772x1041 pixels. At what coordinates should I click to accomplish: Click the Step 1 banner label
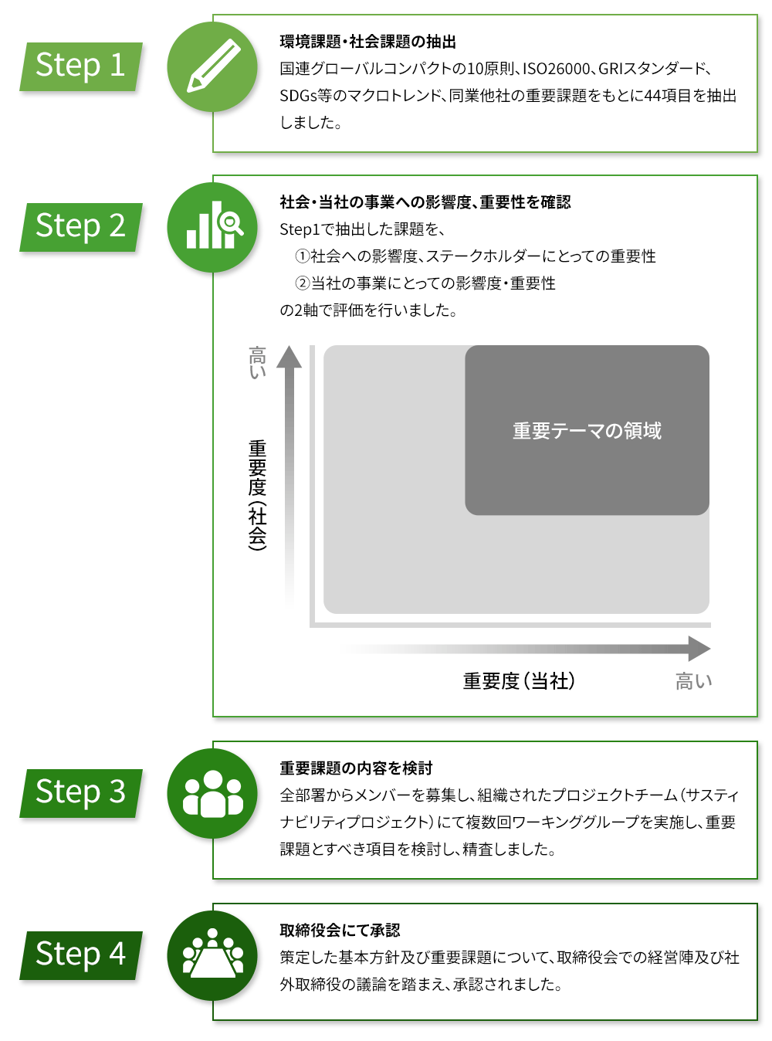81,66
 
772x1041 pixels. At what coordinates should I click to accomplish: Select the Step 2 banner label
81,227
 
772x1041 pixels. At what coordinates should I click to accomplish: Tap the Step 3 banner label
81,792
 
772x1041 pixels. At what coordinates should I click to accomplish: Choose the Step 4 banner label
81,955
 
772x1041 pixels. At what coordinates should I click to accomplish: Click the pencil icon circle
212,66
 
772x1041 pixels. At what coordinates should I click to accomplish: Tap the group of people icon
212,793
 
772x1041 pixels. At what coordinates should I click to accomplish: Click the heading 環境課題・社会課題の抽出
367,42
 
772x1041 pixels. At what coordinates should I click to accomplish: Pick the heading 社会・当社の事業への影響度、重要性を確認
425,202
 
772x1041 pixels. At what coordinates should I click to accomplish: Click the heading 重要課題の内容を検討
356,768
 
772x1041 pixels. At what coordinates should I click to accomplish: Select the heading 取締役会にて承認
340,930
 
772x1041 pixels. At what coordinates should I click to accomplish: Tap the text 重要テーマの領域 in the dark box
587,430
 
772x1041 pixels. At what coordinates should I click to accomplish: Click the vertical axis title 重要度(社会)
257,495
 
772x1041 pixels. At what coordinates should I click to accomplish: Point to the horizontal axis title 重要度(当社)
519,681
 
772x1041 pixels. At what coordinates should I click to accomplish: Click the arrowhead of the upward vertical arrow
289,357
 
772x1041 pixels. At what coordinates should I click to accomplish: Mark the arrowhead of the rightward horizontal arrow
699,649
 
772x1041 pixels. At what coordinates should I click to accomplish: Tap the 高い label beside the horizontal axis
693,681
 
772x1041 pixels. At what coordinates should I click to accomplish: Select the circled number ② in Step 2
302,283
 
